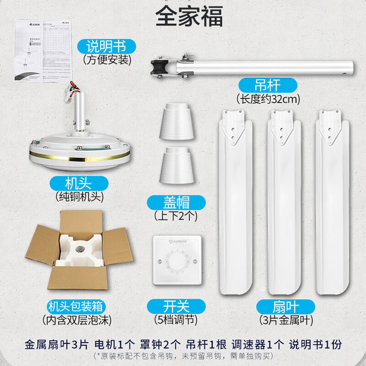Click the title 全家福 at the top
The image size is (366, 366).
189,16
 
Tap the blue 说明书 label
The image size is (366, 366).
106,46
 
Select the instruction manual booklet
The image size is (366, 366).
44,50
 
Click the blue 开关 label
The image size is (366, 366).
176,306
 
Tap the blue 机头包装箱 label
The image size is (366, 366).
78,306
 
